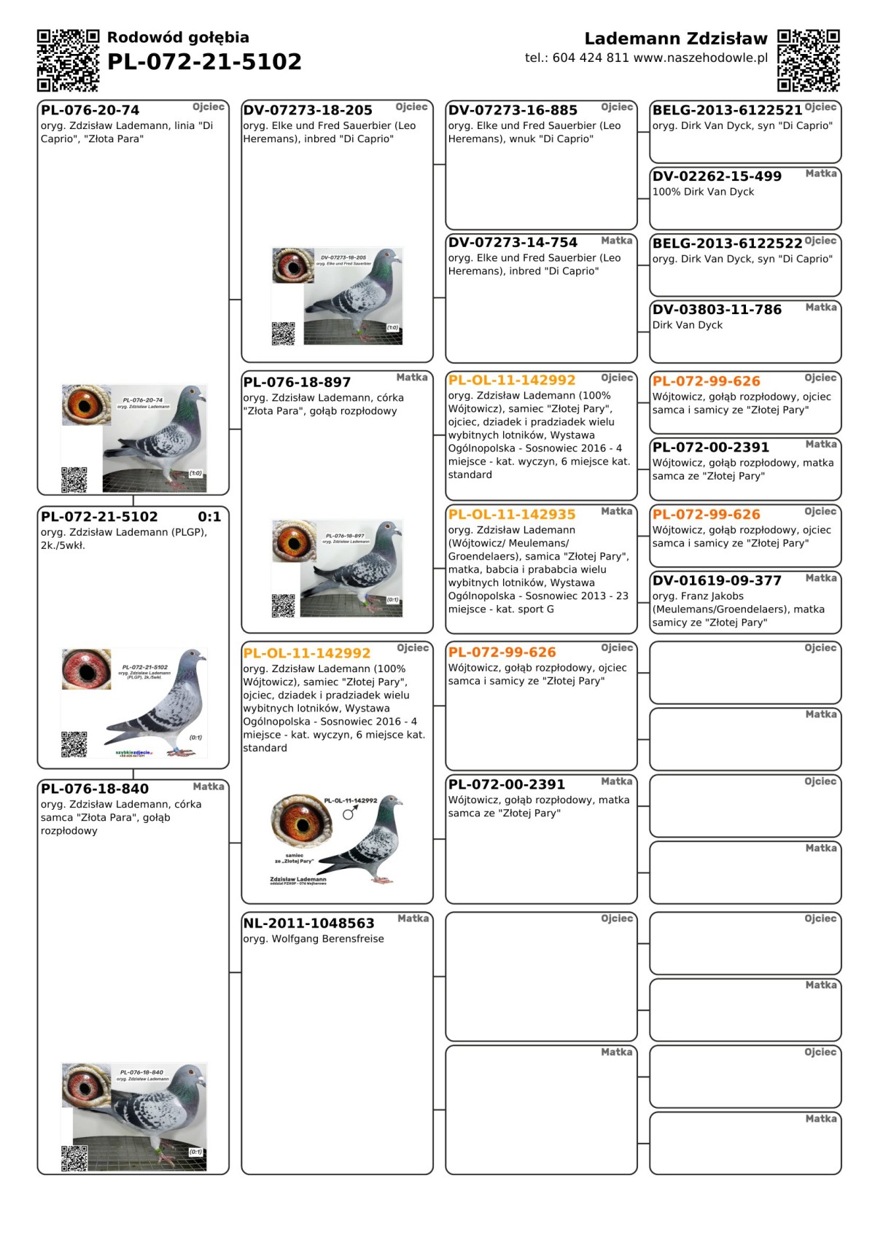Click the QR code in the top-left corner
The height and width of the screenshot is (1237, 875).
pos(68,61)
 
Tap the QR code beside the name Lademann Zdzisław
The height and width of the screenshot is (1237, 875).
pos(808,61)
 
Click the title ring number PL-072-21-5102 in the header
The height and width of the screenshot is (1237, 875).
pos(204,62)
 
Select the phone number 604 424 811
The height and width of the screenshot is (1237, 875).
pos(591,58)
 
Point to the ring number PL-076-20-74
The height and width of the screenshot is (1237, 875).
pos(90,111)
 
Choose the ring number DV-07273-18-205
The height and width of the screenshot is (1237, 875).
pos(308,111)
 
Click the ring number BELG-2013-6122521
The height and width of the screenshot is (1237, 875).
pos(727,111)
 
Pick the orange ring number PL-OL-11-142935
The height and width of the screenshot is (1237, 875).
pos(512,515)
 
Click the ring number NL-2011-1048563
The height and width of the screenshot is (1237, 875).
pos(309,924)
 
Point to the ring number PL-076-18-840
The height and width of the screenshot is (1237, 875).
pos(95,789)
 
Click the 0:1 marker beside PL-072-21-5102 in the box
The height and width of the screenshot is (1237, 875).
pos(209,517)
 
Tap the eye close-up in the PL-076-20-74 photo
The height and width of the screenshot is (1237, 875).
pos(86,405)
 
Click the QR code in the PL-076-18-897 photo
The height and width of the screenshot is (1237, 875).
pos(284,606)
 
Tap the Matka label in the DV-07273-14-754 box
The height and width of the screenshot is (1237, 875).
pos(616,241)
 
